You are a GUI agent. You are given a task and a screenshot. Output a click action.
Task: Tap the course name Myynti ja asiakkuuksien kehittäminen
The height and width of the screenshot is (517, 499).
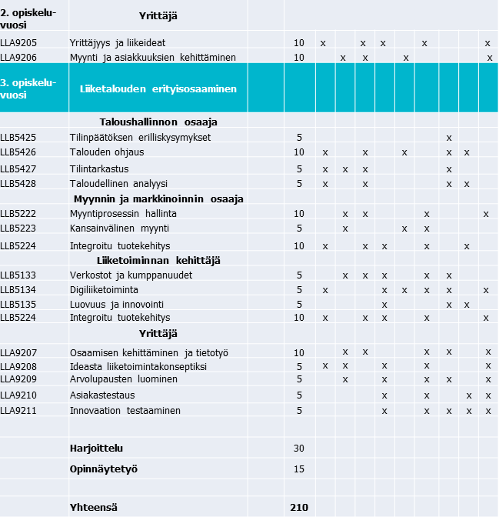152,57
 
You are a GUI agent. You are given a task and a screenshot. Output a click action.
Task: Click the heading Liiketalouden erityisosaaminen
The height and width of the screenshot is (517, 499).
158,88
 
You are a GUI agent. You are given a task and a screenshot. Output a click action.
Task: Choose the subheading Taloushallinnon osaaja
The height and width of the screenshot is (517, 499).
158,122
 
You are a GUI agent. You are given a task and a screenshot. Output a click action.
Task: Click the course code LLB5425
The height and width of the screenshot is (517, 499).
18,137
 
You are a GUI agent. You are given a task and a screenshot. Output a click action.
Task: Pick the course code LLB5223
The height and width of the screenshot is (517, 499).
18,228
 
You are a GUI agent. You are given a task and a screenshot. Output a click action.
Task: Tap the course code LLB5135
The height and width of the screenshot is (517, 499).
18,304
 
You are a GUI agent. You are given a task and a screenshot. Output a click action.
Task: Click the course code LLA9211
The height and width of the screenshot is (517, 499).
18,410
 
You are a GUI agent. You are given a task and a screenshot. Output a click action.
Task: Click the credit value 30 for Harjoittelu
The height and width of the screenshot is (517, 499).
298,448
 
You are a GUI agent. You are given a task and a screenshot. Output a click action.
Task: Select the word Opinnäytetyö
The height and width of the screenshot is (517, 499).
104,469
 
